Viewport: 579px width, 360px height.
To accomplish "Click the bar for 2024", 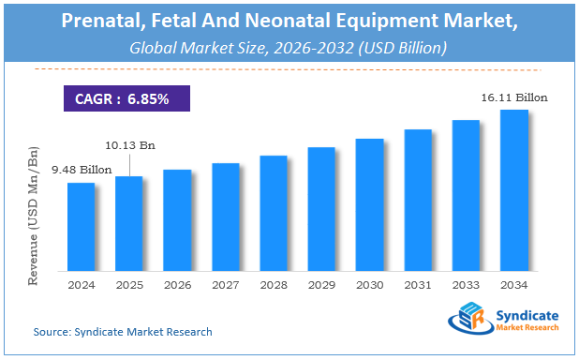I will [81, 225].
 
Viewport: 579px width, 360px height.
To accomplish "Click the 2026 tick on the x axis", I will [176, 284].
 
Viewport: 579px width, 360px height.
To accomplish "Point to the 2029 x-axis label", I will [321, 284].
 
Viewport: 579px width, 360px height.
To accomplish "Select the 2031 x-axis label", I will [418, 284].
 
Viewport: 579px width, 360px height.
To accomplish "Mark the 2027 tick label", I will [225, 284].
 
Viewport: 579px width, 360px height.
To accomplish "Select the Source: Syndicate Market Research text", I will [123, 332].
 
